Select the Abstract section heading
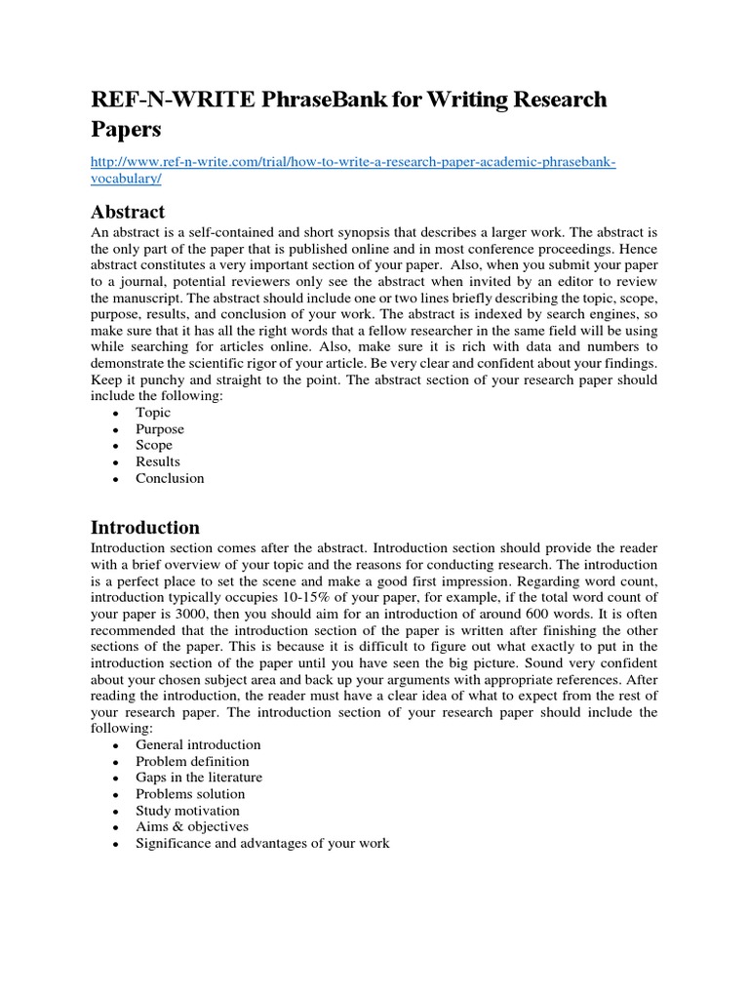128,212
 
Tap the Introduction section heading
145,528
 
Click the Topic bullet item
153,413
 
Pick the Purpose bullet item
160,429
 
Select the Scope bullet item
154,445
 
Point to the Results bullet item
158,461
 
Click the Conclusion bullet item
170,478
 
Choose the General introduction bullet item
198,744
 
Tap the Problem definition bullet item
192,761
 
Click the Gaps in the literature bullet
199,778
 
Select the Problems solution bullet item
190,794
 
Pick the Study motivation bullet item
187,811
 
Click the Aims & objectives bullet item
192,826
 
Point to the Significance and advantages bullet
262,843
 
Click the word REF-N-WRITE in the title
158,100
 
